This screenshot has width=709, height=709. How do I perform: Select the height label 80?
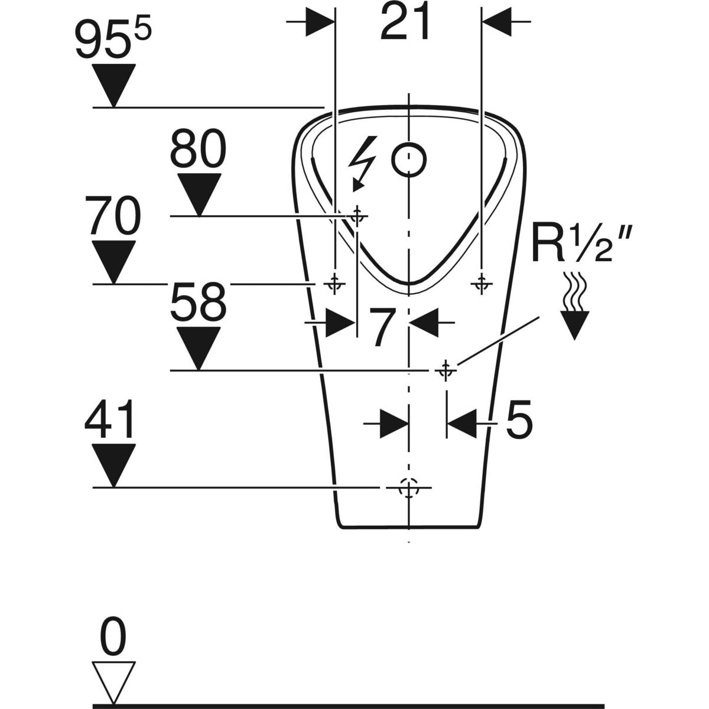click(x=198, y=151)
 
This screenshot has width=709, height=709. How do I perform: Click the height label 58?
click(x=198, y=303)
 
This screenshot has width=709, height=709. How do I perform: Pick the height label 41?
click(x=110, y=421)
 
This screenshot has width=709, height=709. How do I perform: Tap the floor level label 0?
click(x=113, y=636)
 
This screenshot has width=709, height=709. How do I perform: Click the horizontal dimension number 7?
click(x=382, y=328)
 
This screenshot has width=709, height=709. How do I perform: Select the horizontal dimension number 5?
click(x=519, y=420)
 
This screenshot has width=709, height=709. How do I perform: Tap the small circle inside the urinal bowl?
click(x=409, y=160)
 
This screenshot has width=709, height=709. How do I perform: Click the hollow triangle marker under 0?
click(x=113, y=681)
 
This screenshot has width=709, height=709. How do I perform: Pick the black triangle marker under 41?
click(x=113, y=464)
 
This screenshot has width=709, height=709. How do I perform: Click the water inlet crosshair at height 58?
click(x=445, y=370)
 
